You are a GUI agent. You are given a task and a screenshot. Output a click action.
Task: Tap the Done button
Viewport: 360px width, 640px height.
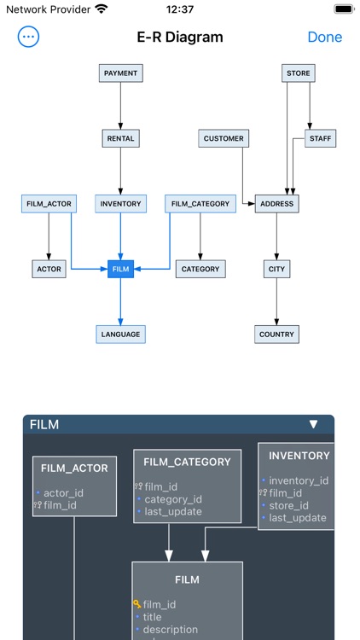pos(324,37)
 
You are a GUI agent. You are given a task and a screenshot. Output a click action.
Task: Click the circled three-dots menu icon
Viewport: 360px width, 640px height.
pos(29,37)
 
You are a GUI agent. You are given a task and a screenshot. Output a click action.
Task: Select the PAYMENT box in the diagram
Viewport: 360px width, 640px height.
pos(120,73)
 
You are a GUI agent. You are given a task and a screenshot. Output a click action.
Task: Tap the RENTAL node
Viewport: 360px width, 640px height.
pos(120,138)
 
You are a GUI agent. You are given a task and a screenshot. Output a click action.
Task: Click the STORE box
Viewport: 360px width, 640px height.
pos(299,73)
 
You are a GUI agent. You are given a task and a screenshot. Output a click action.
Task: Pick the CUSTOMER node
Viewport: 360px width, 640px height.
pos(224,138)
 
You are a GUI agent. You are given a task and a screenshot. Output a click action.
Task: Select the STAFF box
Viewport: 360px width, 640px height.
pos(321,138)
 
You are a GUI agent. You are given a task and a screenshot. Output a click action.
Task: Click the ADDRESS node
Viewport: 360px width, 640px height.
pos(276,204)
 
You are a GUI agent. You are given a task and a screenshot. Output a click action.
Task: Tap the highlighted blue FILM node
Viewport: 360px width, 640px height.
pos(120,269)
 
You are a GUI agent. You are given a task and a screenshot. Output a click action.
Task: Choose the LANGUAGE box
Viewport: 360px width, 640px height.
pos(120,334)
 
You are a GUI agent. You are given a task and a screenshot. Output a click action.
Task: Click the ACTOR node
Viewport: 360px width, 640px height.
pos(49,269)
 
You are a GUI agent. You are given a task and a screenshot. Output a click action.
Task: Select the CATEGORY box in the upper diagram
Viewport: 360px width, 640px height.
pos(200,269)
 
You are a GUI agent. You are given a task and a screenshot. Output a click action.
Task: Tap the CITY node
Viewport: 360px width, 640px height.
pos(276,269)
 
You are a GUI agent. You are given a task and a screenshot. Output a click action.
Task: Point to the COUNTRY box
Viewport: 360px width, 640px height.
pos(276,335)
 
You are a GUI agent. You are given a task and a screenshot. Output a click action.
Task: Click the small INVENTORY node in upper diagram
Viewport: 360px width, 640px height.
pos(120,204)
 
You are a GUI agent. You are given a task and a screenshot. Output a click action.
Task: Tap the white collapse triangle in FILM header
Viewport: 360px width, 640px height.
pos(313,424)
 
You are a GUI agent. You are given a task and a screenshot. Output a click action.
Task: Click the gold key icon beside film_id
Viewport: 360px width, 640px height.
pos(136,604)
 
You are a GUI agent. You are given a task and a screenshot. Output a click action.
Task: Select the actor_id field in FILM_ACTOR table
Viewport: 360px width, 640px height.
pos(63,493)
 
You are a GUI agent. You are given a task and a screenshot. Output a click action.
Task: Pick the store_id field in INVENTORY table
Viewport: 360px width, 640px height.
pos(288,505)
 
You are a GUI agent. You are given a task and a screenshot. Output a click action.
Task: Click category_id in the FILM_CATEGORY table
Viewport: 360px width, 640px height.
pos(173,499)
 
